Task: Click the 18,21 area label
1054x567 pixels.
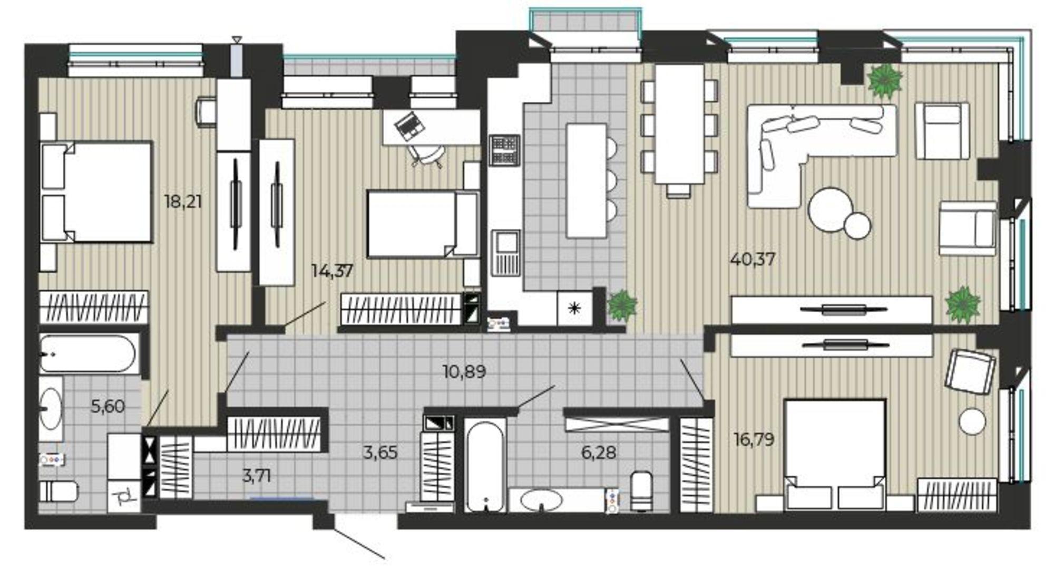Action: (183, 201)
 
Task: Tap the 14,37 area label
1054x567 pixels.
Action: (332, 271)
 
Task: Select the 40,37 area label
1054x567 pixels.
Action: (753, 260)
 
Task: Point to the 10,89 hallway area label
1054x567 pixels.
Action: (464, 372)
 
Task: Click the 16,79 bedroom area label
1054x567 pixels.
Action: (754, 439)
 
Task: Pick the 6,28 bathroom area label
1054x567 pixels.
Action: (599, 452)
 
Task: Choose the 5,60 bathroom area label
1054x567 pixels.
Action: (108, 406)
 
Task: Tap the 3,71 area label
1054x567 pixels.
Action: (257, 476)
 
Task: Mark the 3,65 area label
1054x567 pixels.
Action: (380, 452)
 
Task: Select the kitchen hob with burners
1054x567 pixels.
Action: (504, 150)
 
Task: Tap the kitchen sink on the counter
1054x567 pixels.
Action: (506, 253)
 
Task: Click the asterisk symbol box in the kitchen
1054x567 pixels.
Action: (574, 308)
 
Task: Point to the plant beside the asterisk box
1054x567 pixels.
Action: (622, 305)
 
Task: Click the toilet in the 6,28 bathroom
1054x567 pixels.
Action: (642, 491)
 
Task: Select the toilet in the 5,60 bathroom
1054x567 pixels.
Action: (58, 492)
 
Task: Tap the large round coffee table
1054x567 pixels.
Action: (830, 209)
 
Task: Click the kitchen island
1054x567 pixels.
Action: (586, 180)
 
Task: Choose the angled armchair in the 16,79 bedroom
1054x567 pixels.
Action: (970, 371)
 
